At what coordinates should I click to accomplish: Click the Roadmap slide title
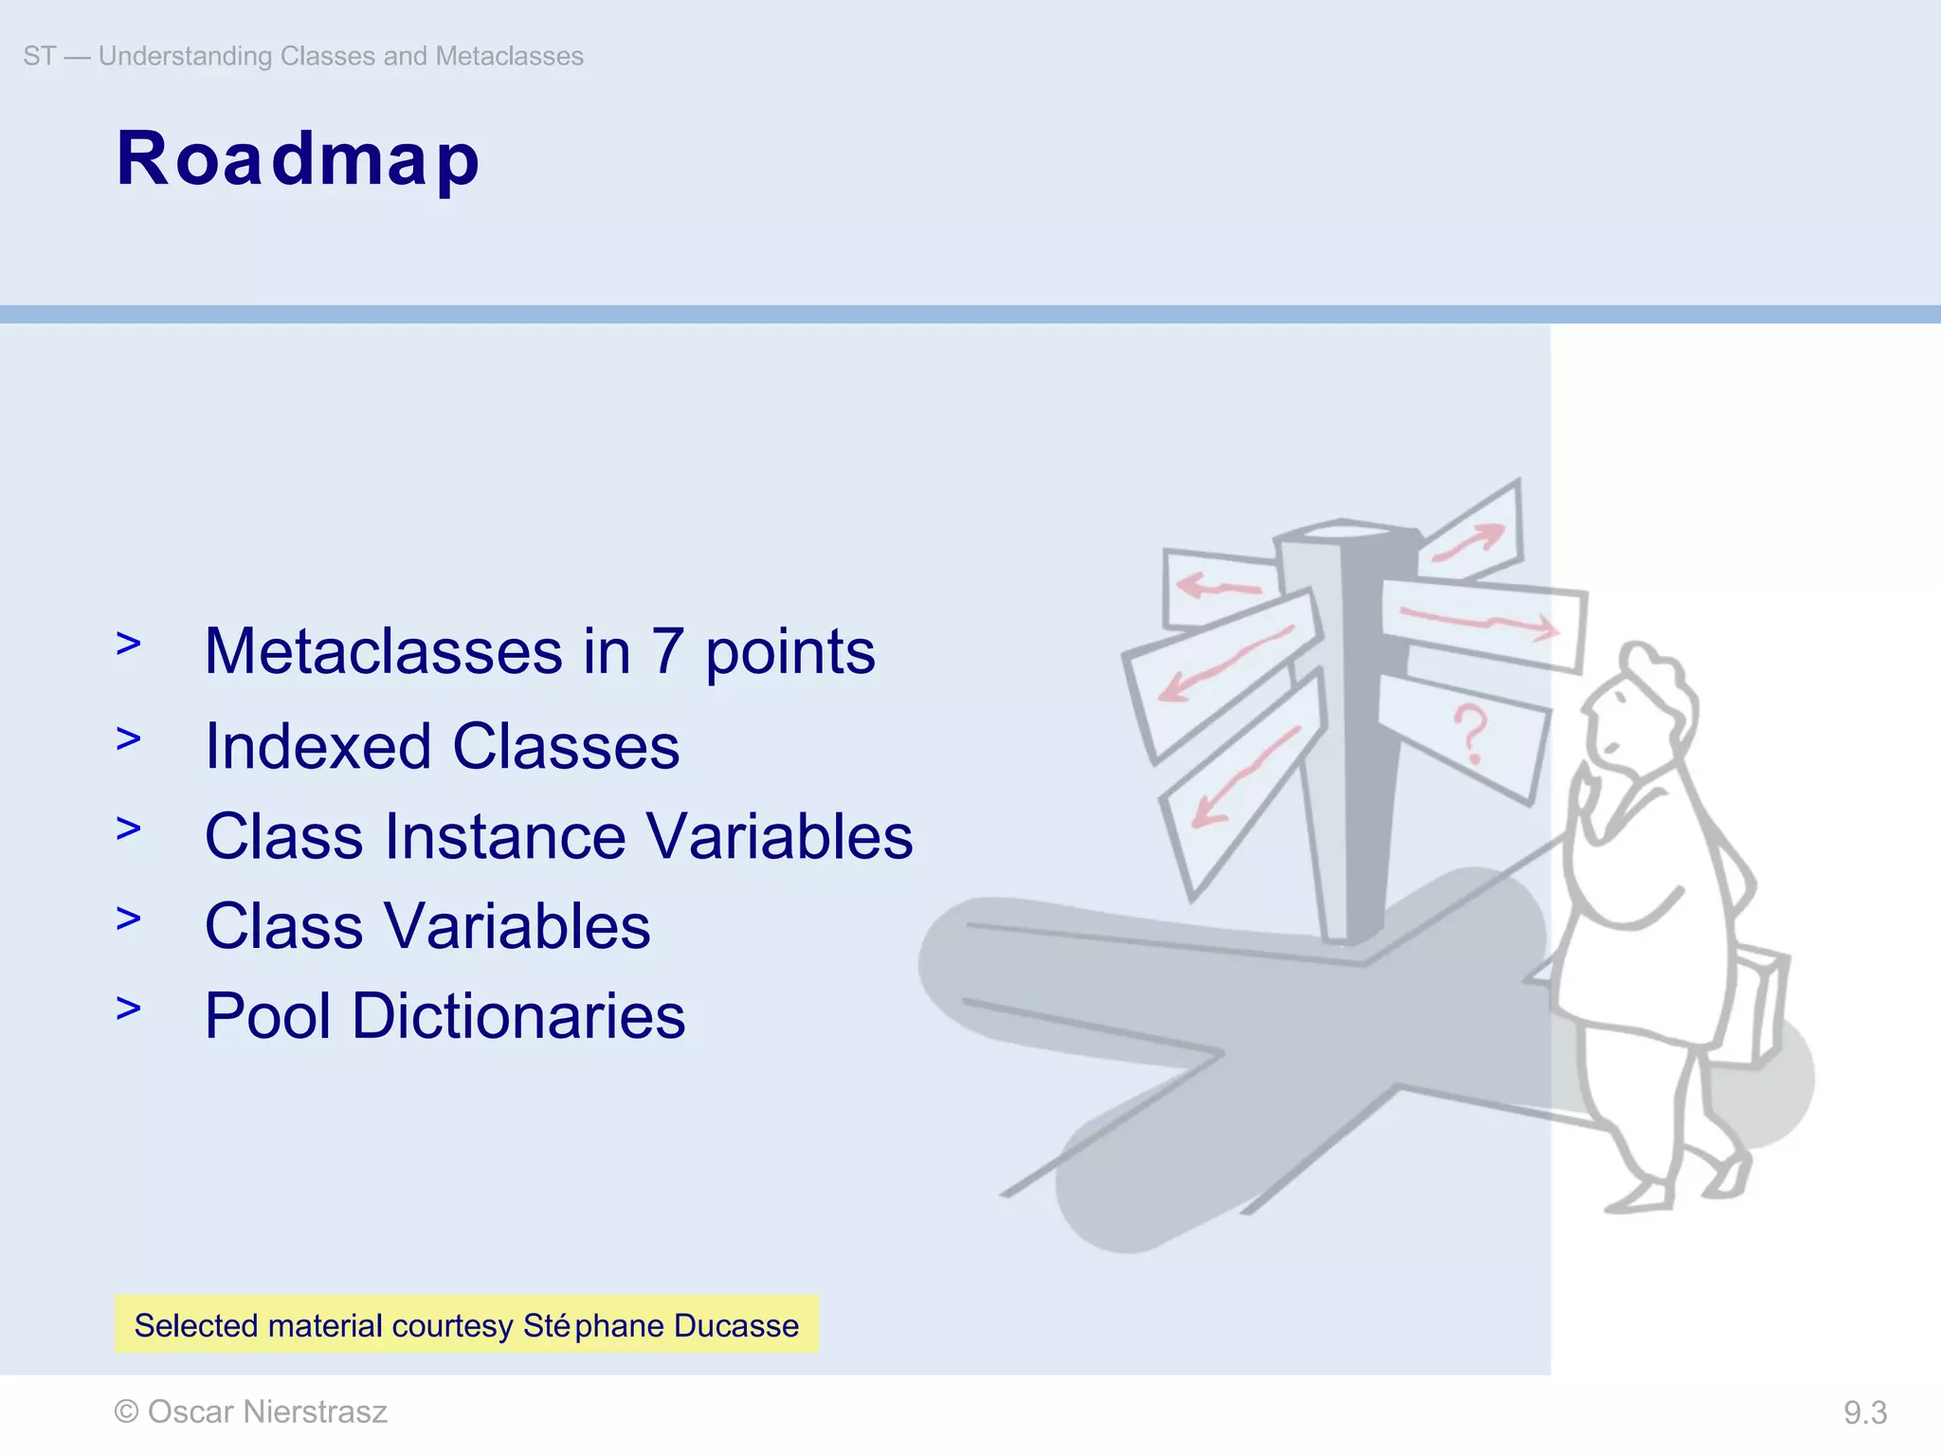tap(298, 159)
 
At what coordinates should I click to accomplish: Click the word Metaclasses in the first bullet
tap(384, 652)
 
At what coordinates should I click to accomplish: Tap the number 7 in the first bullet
tap(667, 652)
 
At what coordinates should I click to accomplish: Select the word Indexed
tap(318, 747)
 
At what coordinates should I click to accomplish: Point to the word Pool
tap(268, 1016)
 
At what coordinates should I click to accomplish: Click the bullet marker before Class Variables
tap(128, 919)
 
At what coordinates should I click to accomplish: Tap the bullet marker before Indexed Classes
tap(128, 738)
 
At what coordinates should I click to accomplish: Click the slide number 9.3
tap(1864, 1413)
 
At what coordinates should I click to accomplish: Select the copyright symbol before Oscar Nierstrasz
tap(126, 1412)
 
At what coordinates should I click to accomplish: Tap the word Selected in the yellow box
tap(196, 1325)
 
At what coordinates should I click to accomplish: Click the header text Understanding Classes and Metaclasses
tap(340, 56)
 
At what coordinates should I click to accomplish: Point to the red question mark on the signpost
tap(1471, 733)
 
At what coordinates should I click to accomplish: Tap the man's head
tap(1644, 701)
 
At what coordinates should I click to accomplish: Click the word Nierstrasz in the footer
tap(315, 1412)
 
